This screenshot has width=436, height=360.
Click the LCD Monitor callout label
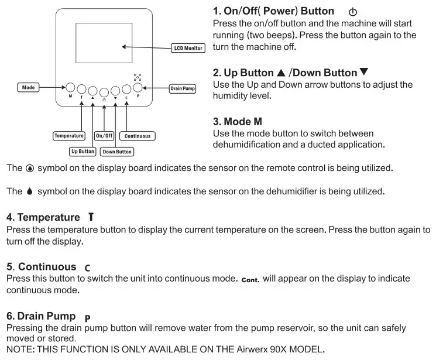click(187, 47)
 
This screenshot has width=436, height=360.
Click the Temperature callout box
click(69, 136)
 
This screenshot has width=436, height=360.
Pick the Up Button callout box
click(83, 151)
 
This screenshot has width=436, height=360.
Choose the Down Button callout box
click(116, 152)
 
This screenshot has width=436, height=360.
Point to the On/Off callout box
click(104, 136)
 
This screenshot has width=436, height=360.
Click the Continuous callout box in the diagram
click(138, 136)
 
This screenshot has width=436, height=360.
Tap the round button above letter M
click(70, 87)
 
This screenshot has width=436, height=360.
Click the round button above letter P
click(138, 88)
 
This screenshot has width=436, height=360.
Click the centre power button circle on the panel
click(104, 91)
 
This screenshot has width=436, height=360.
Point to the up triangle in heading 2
click(280, 73)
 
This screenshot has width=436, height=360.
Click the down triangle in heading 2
click(363, 73)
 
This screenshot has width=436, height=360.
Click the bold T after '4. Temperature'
click(91, 217)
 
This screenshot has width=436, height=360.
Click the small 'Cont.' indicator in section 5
click(250, 279)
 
